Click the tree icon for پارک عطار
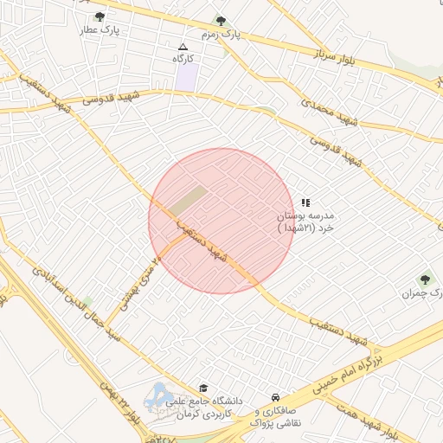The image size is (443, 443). point(100,16)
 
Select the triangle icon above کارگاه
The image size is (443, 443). point(182,47)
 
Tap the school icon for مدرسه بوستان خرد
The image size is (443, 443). point(305,201)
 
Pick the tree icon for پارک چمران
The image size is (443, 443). point(424,279)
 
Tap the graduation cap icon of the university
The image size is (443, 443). point(203,388)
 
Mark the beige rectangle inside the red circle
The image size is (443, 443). point(187,200)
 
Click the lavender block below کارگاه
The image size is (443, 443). point(186,75)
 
